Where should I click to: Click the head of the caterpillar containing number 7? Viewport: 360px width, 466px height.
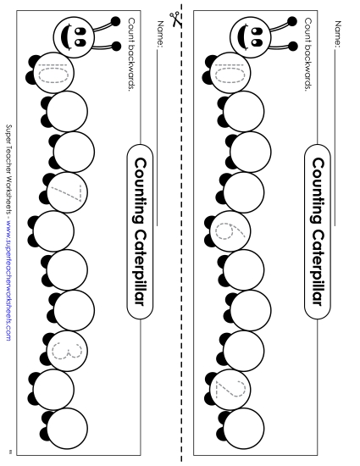[x=75, y=35]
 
